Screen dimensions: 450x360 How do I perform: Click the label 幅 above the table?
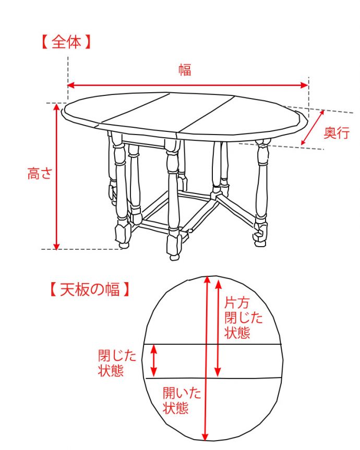185,70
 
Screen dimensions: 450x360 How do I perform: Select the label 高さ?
40,174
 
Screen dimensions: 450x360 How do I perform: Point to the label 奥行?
336,133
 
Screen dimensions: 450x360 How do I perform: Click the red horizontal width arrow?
188,85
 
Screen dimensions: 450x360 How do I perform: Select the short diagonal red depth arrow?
313,128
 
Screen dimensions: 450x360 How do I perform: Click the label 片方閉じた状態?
243,318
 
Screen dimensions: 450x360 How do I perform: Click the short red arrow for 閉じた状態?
153,360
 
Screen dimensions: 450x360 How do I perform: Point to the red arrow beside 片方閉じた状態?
218,327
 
